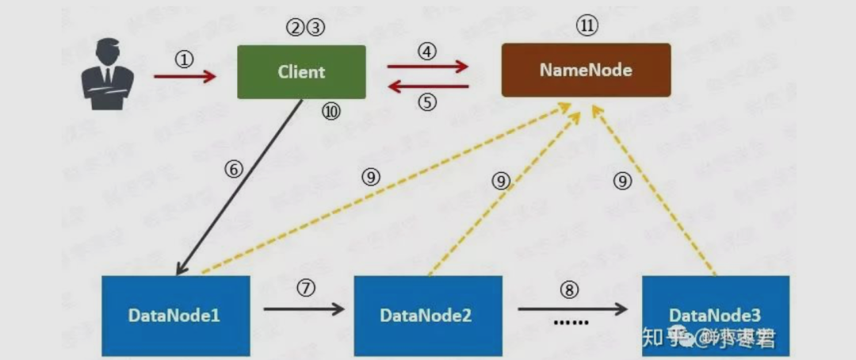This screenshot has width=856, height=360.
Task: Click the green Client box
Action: point(301,71)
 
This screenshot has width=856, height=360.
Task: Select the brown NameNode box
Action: point(586,70)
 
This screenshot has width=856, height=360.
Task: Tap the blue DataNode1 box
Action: point(175,315)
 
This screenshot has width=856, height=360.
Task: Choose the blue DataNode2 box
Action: point(427,315)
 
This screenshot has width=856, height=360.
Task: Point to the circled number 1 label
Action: point(185,59)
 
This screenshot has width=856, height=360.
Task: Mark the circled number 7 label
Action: point(306,287)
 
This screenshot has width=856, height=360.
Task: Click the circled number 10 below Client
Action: point(331,112)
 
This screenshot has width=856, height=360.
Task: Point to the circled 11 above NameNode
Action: point(587,26)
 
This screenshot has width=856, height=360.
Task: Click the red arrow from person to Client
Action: point(185,77)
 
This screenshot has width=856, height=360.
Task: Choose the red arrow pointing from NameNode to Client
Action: point(427,86)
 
